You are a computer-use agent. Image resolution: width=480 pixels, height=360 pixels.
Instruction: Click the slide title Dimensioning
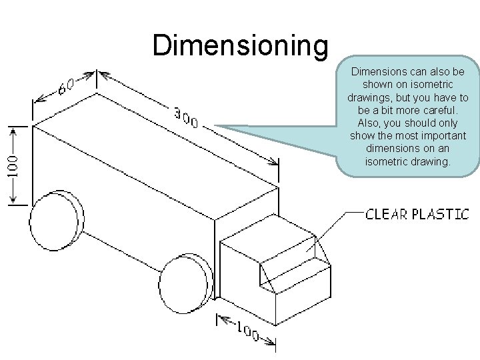click(x=240, y=45)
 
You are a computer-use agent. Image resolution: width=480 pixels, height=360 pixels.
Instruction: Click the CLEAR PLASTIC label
click(x=417, y=214)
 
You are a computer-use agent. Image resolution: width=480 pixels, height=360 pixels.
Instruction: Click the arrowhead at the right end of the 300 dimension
click(x=275, y=163)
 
